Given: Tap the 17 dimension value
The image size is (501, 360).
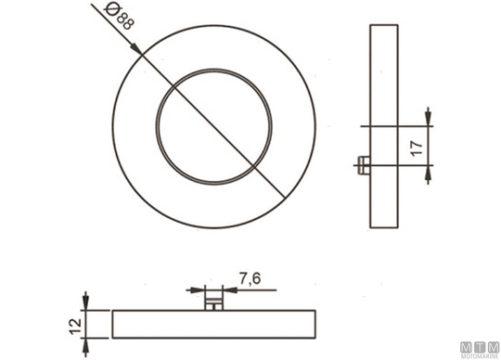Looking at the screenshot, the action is (x=417, y=148).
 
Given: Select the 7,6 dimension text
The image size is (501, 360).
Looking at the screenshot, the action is (x=250, y=278).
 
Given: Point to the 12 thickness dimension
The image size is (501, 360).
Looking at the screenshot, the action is (x=76, y=326).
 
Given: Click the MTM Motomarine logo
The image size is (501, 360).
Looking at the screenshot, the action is (x=480, y=350).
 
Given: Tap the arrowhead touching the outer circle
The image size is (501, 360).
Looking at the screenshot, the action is (x=136, y=50).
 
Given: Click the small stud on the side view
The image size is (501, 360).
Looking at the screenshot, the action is (x=364, y=165).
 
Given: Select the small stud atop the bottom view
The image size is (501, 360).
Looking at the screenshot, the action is (x=213, y=302).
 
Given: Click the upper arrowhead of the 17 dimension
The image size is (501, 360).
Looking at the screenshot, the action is (x=428, y=117).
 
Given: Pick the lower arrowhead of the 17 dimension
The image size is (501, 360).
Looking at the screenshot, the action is (x=428, y=174).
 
